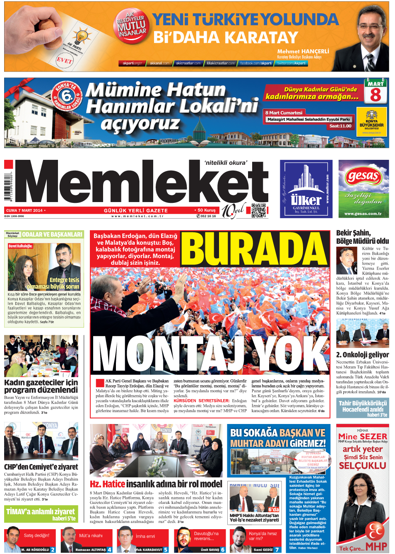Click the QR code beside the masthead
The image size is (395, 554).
(259, 210)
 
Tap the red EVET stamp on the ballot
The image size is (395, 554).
(65, 60)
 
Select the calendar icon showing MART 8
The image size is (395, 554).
(376, 92)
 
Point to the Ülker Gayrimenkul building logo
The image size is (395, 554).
(306, 188)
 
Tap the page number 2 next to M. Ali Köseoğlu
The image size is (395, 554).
(53, 549)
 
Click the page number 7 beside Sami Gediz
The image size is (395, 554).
(277, 549)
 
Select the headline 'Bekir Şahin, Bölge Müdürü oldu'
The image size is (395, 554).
(362, 237)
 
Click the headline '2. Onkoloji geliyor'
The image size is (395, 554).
(362, 354)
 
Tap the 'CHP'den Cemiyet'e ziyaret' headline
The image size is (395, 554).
(41, 467)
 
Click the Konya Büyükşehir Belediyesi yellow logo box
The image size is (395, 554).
(371, 122)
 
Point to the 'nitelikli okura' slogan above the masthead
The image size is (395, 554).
(226, 163)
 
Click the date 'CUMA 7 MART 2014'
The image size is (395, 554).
(24, 210)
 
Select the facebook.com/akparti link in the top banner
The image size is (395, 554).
(256, 63)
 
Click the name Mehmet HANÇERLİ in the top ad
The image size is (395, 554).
(303, 51)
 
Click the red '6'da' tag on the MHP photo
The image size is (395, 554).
(273, 509)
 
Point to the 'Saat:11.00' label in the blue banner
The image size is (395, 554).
(340, 126)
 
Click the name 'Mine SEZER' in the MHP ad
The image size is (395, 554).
(363, 436)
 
